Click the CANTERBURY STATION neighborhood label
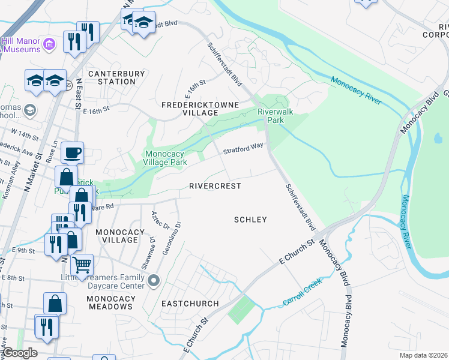pyautogui.click(x=116, y=77)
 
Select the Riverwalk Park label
pyautogui.click(x=270, y=116)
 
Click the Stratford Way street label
pyautogui.click(x=243, y=148)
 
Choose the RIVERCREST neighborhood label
pyautogui.click(x=215, y=186)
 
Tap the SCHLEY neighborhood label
pyautogui.click(x=250, y=220)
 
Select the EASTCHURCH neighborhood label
pyautogui.click(x=190, y=304)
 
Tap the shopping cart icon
pyautogui.click(x=82, y=263)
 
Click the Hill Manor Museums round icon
pyautogui.click(x=50, y=43)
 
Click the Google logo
pyautogui.click(x=19, y=353)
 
